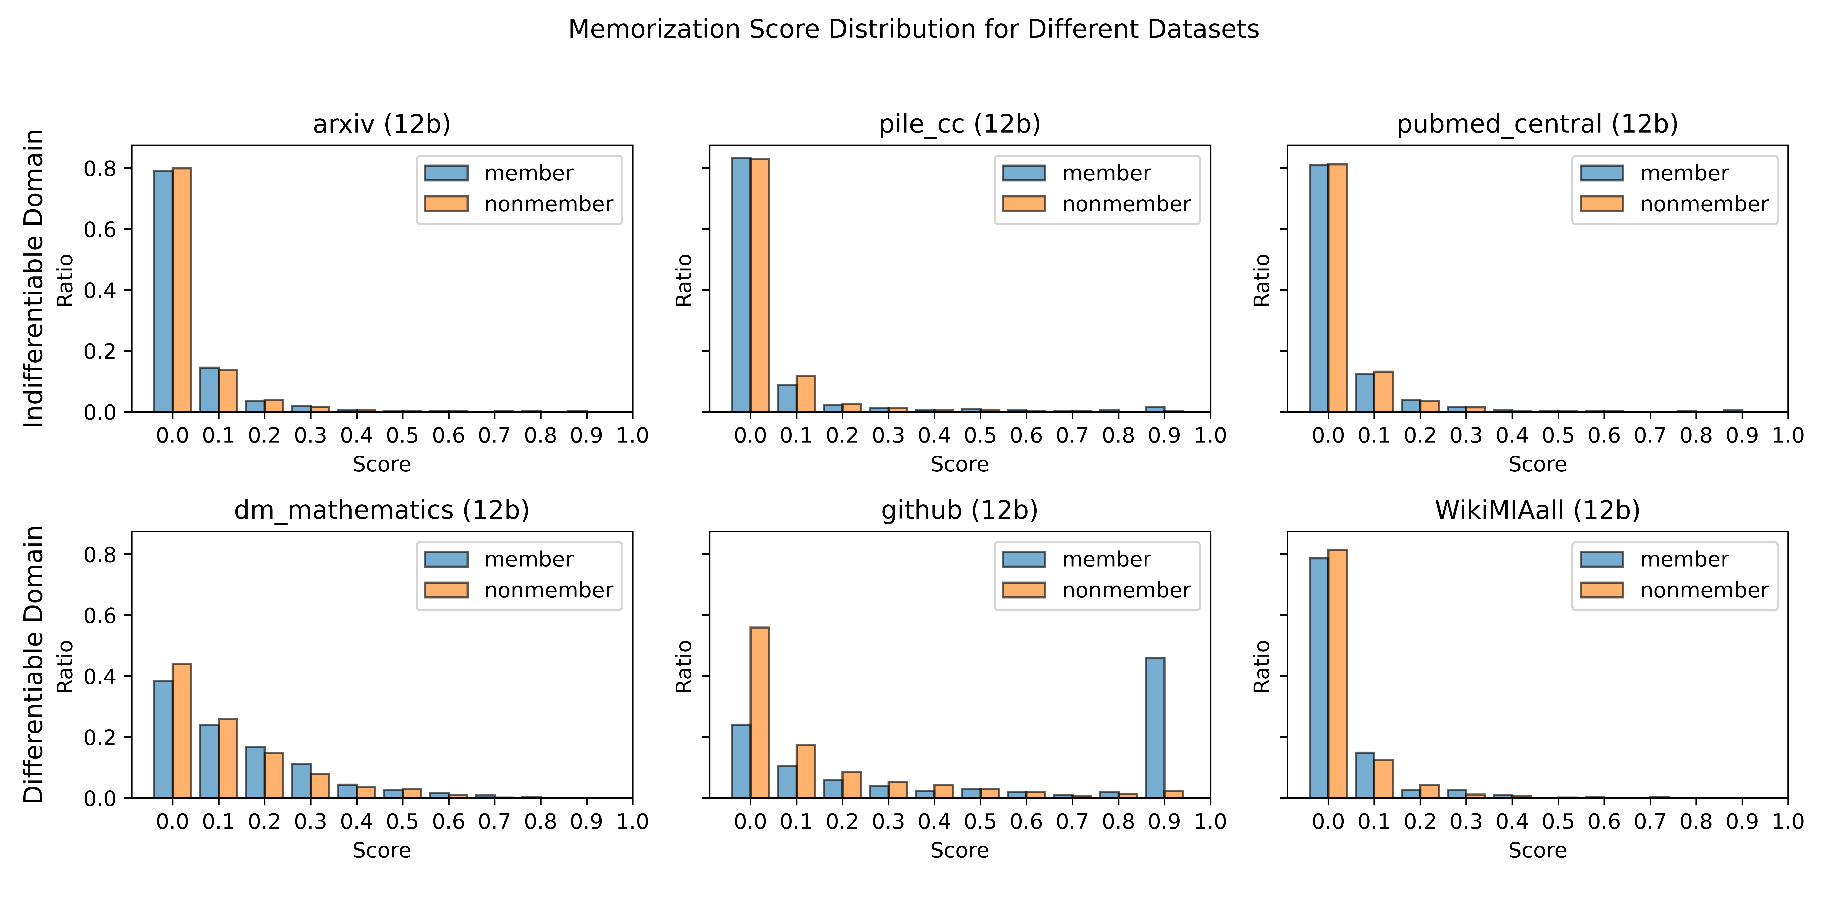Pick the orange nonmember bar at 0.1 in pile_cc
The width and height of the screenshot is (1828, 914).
coord(805,394)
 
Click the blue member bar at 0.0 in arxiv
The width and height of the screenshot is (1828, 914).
coord(163,291)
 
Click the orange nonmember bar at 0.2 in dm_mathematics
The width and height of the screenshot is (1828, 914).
coord(274,775)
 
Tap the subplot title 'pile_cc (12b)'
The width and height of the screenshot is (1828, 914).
coord(960,124)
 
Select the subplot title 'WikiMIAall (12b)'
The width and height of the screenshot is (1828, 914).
coord(1537,510)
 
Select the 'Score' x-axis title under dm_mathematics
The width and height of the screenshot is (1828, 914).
coord(382,850)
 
